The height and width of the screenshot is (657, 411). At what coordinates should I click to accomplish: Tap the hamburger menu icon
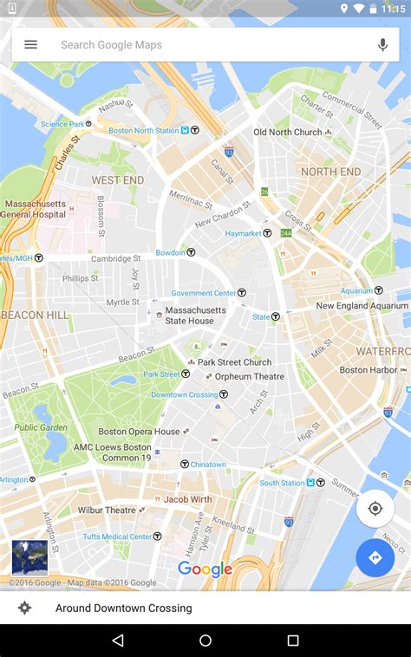[x=31, y=44]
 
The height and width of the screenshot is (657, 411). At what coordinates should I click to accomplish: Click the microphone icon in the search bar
[x=382, y=44]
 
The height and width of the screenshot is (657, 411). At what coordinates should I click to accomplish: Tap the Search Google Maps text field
[x=208, y=44]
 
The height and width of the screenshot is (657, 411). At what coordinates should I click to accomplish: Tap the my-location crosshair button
[x=375, y=508]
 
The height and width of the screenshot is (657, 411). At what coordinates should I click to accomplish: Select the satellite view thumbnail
[x=29, y=557]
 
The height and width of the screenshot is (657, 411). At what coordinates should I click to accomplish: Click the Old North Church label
[x=287, y=133]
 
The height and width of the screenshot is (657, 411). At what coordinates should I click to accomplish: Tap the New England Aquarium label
[x=362, y=306]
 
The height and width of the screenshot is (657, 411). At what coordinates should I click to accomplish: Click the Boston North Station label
[x=144, y=131]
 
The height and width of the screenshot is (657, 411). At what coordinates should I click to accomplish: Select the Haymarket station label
[x=243, y=233]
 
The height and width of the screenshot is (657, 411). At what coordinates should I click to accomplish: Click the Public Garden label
[x=41, y=427]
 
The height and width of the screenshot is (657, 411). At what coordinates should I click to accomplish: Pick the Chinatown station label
[x=207, y=465]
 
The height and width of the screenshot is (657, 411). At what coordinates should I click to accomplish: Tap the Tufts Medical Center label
[x=117, y=537]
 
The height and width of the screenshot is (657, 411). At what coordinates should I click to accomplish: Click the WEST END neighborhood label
[x=117, y=180]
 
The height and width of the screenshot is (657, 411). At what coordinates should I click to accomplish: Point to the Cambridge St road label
[x=115, y=258]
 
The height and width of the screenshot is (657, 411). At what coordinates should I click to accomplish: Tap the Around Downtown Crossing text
[x=124, y=608]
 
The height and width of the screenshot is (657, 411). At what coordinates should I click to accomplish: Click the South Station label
[x=283, y=483]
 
